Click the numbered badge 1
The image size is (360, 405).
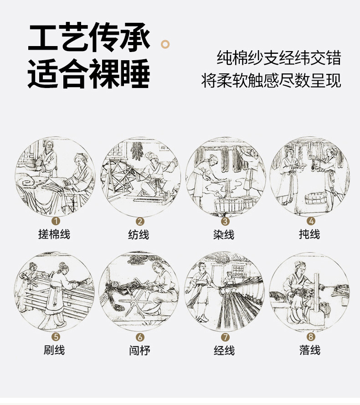coord(56,221)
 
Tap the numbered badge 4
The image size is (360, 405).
coord(310,221)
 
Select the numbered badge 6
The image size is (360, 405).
coord(140,337)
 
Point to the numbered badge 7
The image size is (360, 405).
coord(225,337)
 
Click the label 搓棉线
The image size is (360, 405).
coord(54,234)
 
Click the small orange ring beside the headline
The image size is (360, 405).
coord(166,44)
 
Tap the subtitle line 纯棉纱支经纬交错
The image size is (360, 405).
coord(279,59)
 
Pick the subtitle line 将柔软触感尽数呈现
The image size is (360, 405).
coord(271,81)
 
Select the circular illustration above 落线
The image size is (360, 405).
coord(309,292)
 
